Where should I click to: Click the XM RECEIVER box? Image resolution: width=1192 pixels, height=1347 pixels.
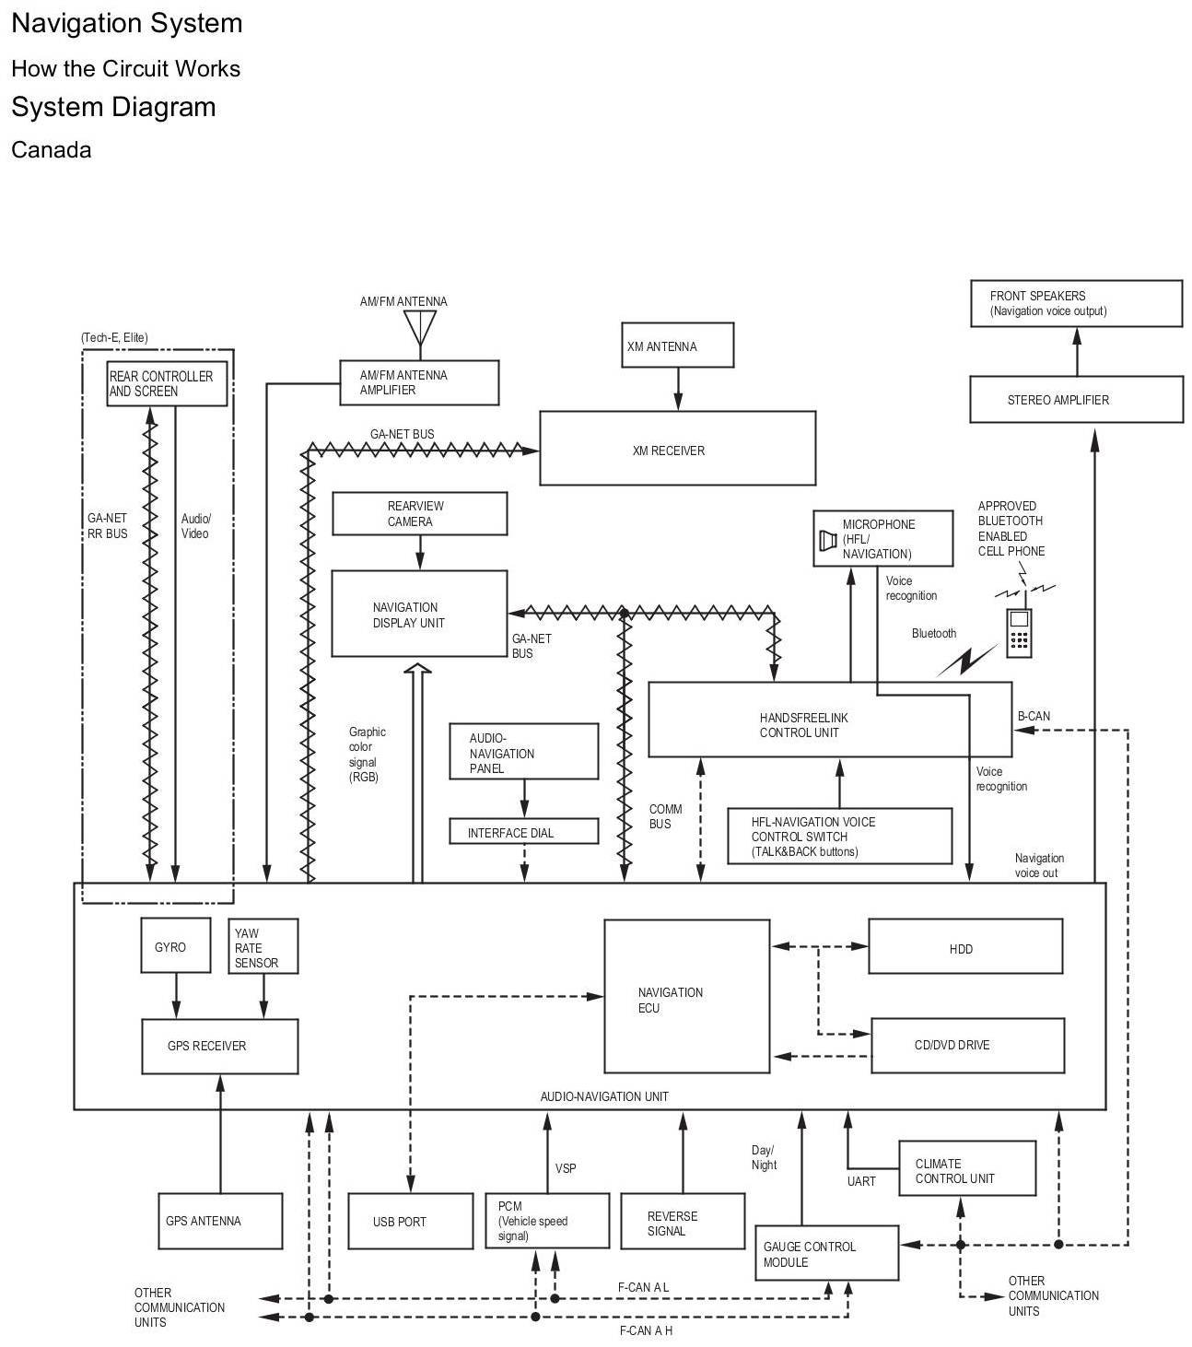pos(677,448)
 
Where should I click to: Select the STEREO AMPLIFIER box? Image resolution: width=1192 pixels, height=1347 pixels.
pos(1076,399)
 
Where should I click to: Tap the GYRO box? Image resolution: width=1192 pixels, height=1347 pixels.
pos(176,944)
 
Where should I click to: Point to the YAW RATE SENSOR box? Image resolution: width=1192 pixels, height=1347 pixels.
pos(263,945)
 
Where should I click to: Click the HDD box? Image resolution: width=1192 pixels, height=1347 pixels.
pos(964,945)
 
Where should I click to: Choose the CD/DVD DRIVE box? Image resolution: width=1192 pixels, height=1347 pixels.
pos(967,1045)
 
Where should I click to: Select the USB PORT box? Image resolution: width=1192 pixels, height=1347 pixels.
pos(410,1221)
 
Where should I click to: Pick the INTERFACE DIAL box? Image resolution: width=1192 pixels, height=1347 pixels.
pos(523,831)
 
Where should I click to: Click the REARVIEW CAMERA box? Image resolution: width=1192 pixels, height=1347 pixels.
pos(419,513)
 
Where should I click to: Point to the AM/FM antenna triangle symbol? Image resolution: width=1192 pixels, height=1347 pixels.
pos(420,327)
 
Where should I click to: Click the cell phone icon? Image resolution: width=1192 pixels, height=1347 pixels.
pos(1019,632)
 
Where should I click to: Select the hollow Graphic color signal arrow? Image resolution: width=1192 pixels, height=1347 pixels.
pos(417,772)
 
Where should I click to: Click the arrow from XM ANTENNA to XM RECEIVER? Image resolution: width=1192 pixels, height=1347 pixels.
pos(678,388)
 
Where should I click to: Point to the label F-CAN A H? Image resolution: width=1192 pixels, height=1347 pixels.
pos(646,1329)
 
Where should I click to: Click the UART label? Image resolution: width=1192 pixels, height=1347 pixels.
pos(861,1181)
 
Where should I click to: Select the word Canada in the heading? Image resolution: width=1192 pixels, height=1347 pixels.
pos(52,149)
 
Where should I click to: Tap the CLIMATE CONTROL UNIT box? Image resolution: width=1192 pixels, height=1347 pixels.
pos(967,1168)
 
